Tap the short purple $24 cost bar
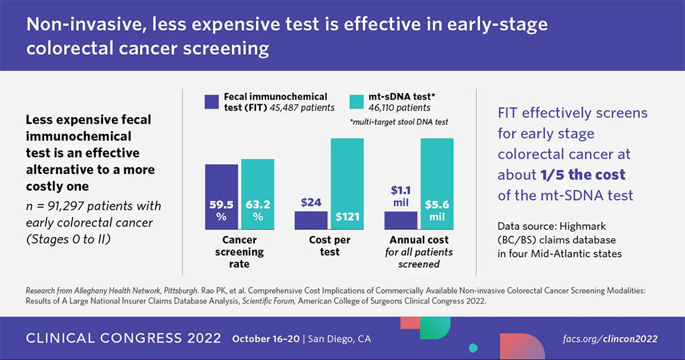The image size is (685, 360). [312, 220]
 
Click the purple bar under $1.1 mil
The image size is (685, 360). [401, 220]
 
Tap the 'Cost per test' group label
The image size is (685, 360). [330, 246]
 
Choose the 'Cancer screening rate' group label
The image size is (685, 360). [239, 252]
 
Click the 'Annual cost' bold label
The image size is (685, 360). [419, 240]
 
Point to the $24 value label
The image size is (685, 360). [312, 201]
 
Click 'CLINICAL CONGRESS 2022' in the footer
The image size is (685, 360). [123, 339]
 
